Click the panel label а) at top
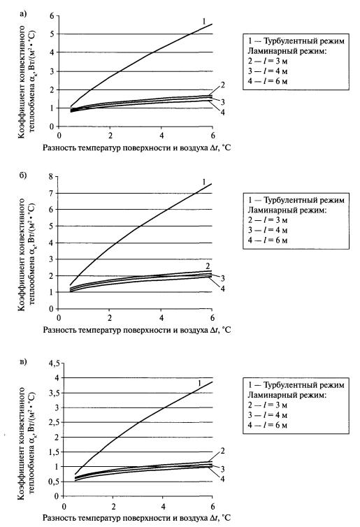coord(23,14)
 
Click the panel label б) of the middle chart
coord(23,175)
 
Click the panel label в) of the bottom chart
coord(23,361)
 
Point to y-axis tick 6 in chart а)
coord(52,16)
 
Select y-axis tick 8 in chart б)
coord(52,176)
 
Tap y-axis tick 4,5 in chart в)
coord(54,363)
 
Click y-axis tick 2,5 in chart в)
coord(54,422)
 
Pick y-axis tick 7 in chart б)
coord(52,193)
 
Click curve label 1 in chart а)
coord(203,22)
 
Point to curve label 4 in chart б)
coord(222,289)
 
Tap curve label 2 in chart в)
coord(222,451)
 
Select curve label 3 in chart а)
coord(222,102)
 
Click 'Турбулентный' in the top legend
coord(286,41)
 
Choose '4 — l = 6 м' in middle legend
coord(268,240)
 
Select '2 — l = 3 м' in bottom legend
coord(268,405)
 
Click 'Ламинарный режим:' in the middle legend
coord(287,210)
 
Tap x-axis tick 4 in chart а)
coord(161,136)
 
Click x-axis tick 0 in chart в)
coord(64,507)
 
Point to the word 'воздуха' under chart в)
coord(196,518)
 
